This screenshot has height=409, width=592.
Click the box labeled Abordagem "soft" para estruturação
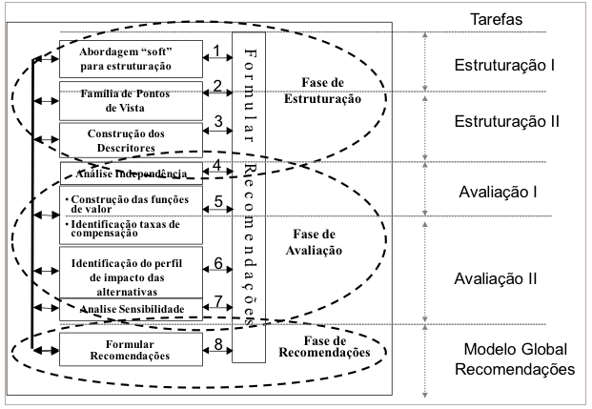pyautogui.click(x=131, y=59)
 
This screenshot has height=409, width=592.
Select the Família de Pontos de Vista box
pyautogui.click(x=131, y=101)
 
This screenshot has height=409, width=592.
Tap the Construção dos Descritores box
pyautogui.click(x=131, y=140)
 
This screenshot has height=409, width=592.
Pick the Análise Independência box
pyautogui.click(x=132, y=174)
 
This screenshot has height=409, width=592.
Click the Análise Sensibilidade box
pyautogui.click(x=131, y=309)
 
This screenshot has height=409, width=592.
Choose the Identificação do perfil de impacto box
pyautogui.click(x=131, y=273)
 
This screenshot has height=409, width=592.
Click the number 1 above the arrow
pyautogui.click(x=216, y=51)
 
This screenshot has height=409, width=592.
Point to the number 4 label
pyautogui.click(x=216, y=165)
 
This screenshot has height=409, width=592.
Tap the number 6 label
pyautogui.click(x=218, y=263)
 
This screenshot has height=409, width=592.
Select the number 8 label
pyautogui.click(x=218, y=344)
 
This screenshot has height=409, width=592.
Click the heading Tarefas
pyautogui.click(x=496, y=19)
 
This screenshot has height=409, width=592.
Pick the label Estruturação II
pyautogui.click(x=506, y=122)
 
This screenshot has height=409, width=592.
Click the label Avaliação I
pyautogui.click(x=498, y=193)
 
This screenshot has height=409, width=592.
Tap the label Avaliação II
pyautogui.click(x=496, y=279)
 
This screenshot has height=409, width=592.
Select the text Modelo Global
pyautogui.click(x=516, y=349)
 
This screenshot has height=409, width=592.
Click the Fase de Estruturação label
pyautogui.click(x=322, y=91)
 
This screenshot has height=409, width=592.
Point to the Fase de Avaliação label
pyautogui.click(x=314, y=242)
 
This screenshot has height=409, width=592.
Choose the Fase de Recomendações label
pyautogui.click(x=324, y=347)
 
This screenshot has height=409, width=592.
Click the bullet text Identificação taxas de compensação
pyautogui.click(x=125, y=229)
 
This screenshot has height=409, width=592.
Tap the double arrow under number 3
pyautogui.click(x=218, y=131)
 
